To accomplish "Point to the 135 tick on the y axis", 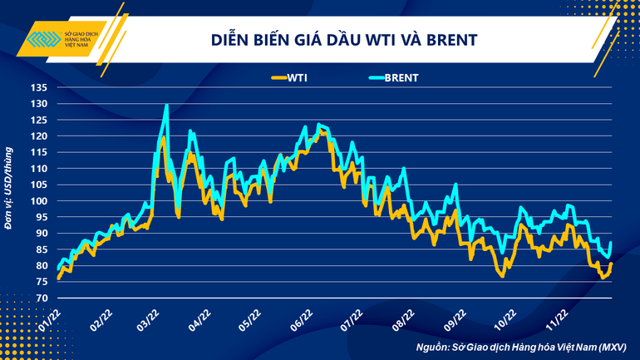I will point(40,87).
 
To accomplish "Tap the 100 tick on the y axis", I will point(40,201).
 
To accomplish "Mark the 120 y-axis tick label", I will point(40,136).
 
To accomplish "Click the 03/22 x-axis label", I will point(150,319).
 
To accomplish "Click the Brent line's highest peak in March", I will point(167,106).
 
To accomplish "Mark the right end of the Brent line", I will point(611,243).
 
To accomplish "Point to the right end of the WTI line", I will point(611,264).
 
